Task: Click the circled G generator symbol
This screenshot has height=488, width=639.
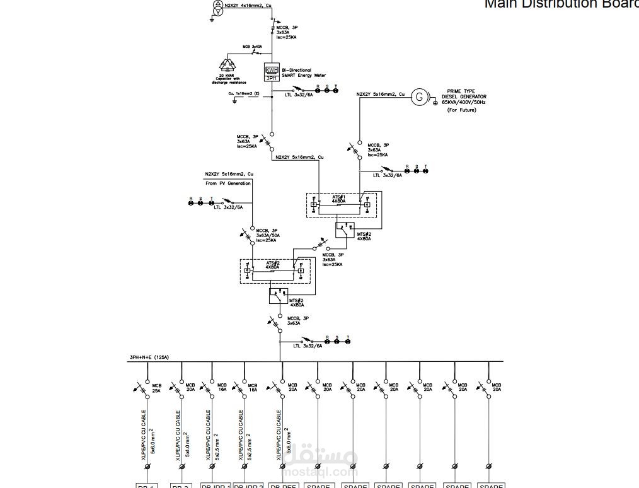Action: click(419, 96)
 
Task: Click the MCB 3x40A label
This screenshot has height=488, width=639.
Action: click(252, 47)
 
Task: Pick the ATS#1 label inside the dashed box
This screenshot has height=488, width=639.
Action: click(339, 197)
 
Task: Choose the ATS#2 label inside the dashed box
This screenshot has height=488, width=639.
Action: click(272, 263)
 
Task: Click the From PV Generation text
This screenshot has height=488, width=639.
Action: click(227, 183)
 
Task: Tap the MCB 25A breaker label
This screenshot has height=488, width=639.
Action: click(156, 388)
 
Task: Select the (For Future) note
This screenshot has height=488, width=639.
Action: click(462, 110)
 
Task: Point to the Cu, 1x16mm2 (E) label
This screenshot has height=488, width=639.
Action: click(244, 93)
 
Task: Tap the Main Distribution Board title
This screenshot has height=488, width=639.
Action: click(561, 4)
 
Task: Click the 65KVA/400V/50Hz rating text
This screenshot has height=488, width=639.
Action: click(464, 102)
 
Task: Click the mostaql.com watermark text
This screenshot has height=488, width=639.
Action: click(320, 472)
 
